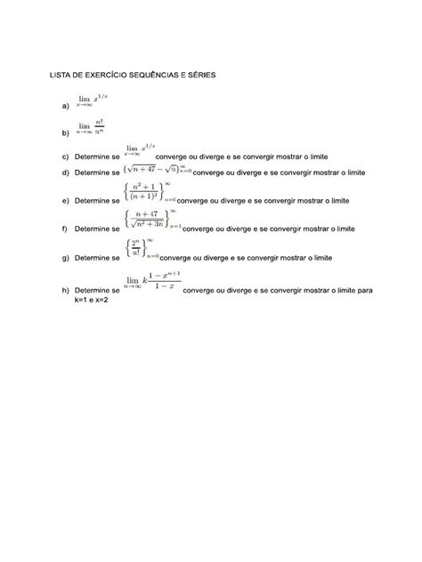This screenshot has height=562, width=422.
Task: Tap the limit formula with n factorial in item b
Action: pos(90,129)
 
